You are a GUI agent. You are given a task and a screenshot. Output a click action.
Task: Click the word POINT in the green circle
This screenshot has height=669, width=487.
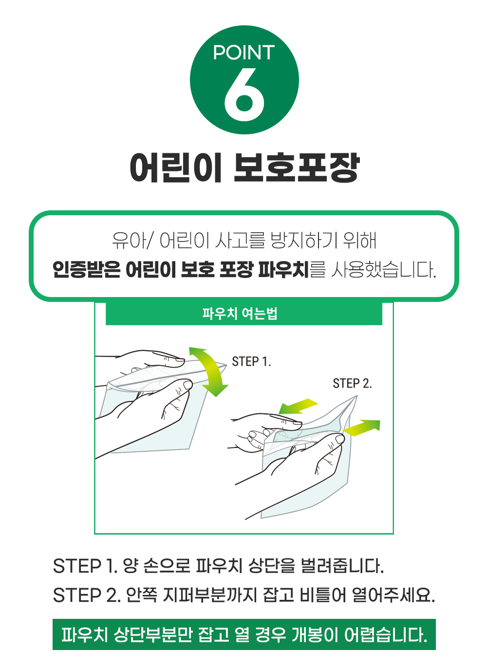tap(244, 53)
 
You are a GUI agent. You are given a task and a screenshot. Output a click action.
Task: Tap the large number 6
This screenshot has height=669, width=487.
tap(244, 94)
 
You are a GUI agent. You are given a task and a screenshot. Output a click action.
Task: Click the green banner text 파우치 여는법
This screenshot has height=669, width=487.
tap(240, 314)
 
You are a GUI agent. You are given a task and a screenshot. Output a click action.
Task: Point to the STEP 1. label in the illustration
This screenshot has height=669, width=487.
tap(252, 362)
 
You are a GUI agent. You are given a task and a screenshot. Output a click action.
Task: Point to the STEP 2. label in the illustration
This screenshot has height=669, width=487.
tap(353, 384)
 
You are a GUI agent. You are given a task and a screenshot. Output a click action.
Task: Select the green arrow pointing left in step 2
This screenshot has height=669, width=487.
tap(298, 407)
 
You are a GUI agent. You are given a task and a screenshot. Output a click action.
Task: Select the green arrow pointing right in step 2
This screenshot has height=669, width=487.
tap(361, 427)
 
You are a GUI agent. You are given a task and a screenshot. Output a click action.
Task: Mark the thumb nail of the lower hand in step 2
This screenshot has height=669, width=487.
tap(340, 439)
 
